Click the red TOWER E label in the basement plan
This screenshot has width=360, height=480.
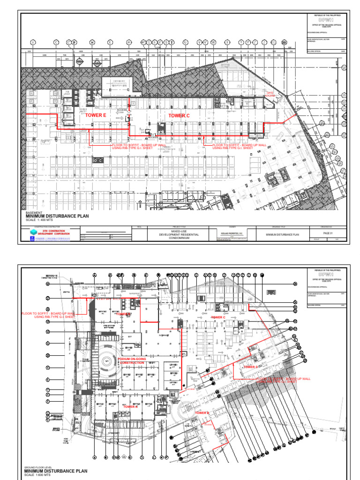(x=95, y=115)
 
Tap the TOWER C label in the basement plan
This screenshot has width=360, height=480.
(x=179, y=115)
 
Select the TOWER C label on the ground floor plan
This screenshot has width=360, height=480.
(x=218, y=318)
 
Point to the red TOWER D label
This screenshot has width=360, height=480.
(x=250, y=367)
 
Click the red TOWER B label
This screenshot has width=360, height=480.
(x=202, y=413)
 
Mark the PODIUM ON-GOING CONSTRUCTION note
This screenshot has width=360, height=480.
(x=132, y=360)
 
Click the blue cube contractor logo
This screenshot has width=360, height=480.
(x=33, y=232)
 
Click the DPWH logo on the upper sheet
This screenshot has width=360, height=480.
(x=326, y=21)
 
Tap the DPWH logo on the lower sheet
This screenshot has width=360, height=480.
(x=326, y=276)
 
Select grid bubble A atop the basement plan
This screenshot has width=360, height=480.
(x=33, y=42)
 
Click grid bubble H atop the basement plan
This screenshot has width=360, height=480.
(x=92, y=42)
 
